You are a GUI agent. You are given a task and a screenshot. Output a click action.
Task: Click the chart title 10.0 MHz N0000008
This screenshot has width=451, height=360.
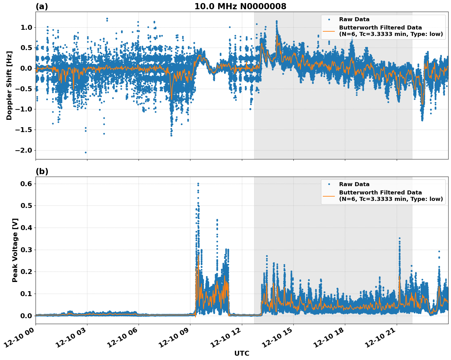(x=240, y=6)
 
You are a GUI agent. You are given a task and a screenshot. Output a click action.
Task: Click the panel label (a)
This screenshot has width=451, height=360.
(x=42, y=6)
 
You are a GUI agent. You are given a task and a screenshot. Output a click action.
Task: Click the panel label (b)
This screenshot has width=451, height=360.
(x=42, y=171)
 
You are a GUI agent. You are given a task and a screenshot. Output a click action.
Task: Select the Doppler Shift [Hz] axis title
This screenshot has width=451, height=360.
(x=9, y=85)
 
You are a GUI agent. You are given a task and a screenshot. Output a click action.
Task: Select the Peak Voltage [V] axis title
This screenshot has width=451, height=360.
(x=15, y=250)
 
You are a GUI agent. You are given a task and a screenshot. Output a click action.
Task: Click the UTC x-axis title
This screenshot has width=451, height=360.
(x=242, y=353)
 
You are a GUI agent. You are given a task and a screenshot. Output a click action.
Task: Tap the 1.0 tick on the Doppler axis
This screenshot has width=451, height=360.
(x=26, y=28)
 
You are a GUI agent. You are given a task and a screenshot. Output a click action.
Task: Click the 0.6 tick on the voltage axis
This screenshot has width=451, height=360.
(x=26, y=184)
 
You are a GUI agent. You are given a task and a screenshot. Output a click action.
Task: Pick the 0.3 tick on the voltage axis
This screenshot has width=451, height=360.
(x=26, y=250)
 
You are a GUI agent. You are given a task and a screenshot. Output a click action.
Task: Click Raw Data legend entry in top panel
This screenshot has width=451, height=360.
(x=354, y=19)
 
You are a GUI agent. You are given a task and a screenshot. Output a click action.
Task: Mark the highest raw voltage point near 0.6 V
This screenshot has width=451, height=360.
(x=198, y=184)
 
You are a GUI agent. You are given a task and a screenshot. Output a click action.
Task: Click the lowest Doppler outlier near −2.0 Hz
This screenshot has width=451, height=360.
(x=86, y=152)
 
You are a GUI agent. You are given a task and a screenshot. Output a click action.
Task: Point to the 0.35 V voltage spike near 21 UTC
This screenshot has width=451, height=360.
(x=399, y=238)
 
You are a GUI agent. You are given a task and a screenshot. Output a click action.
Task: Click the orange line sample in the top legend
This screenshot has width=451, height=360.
(x=329, y=31)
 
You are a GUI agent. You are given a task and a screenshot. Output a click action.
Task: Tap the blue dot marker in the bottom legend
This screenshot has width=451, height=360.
(x=329, y=184)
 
